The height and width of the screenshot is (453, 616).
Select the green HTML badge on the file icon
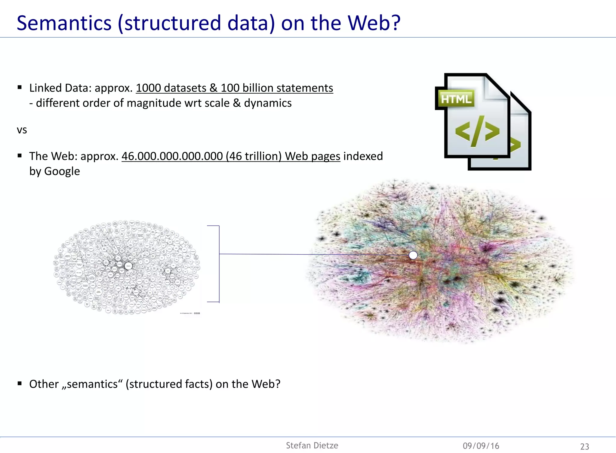[456, 99]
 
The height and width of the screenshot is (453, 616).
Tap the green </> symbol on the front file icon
[477, 132]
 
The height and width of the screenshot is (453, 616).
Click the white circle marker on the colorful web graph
[413, 255]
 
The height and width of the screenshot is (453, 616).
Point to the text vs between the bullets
[22, 130]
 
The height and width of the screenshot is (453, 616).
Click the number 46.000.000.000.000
[172, 156]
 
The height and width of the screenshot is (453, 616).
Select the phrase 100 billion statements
[277, 88]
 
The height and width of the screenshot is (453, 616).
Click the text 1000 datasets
[171, 88]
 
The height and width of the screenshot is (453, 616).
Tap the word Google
[62, 171]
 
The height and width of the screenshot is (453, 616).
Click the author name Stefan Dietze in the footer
[312, 445]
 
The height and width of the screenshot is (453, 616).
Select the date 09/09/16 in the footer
[481, 446]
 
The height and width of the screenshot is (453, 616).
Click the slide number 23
[584, 446]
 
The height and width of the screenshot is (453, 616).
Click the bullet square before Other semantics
[20, 383]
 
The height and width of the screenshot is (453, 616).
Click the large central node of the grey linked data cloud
[128, 266]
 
